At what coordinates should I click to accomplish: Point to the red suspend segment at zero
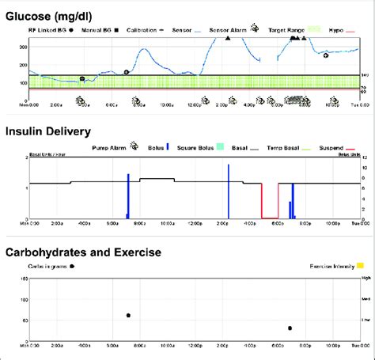point(270,218)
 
